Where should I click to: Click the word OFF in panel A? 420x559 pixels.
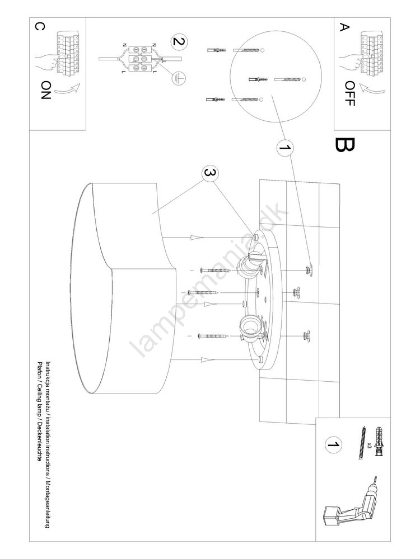pyautogui.click(x=350, y=94)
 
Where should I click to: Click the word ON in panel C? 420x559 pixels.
pyautogui.click(x=46, y=90)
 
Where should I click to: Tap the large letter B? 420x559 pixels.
pyautogui.click(x=344, y=145)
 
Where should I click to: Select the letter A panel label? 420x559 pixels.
pyautogui.click(x=344, y=27)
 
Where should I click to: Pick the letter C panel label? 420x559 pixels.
pyautogui.click(x=40, y=27)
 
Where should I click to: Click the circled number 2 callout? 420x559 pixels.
pyautogui.click(x=179, y=41)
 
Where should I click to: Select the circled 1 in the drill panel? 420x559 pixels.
pyautogui.click(x=334, y=445)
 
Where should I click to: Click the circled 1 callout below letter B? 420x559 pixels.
pyautogui.click(x=285, y=148)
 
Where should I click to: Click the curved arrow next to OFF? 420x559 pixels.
pyautogui.click(x=373, y=89)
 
